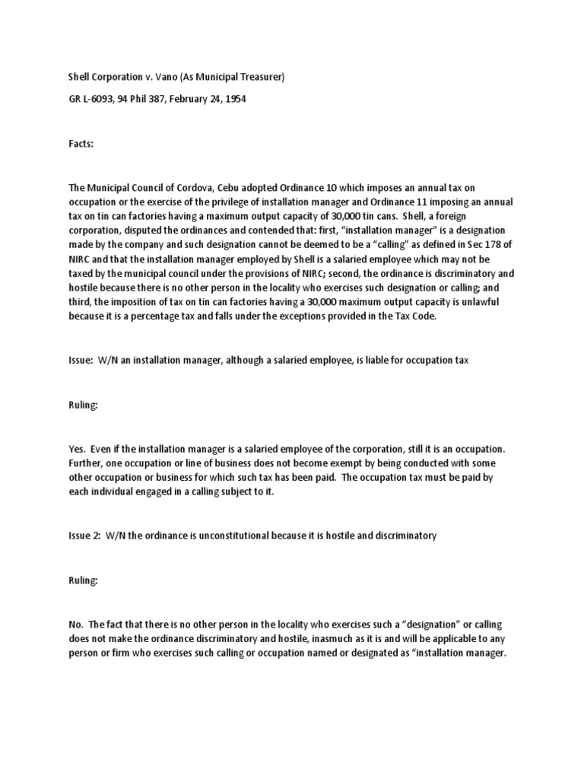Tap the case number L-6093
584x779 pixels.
[94, 99]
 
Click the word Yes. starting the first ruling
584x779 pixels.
[76, 449]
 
